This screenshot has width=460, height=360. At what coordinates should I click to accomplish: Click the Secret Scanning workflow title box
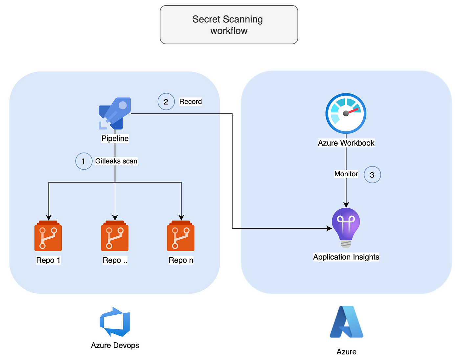tap(229, 25)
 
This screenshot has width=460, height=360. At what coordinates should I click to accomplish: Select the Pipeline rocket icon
tap(115, 113)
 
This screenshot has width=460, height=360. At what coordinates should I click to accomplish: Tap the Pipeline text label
tap(115, 138)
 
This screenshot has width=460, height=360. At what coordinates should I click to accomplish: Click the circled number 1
tap(84, 161)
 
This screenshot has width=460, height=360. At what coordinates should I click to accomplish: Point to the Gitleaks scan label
tap(116, 161)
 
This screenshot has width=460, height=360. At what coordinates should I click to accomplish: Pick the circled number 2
tap(166, 102)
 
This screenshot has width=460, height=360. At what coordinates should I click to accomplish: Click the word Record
tap(191, 102)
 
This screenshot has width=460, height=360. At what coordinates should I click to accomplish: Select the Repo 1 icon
tap(48, 236)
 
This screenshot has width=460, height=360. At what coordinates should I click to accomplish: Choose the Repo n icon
tap(181, 236)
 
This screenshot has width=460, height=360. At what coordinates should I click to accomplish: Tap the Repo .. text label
tap(115, 260)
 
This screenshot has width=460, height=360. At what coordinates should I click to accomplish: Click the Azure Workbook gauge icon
tap(346, 113)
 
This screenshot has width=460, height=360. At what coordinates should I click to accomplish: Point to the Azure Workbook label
tap(346, 143)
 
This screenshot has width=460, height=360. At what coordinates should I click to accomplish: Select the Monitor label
tap(346, 174)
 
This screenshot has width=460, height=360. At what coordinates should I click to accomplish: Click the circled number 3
tap(372, 175)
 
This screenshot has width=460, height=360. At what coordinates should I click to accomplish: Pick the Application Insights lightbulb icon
tap(346, 228)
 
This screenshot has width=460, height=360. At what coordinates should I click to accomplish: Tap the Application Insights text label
tap(346, 257)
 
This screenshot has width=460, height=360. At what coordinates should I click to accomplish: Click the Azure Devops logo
tap(115, 322)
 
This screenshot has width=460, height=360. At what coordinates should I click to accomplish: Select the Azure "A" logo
tap(347, 322)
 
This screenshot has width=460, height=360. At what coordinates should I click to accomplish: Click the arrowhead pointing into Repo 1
tap(49, 218)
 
